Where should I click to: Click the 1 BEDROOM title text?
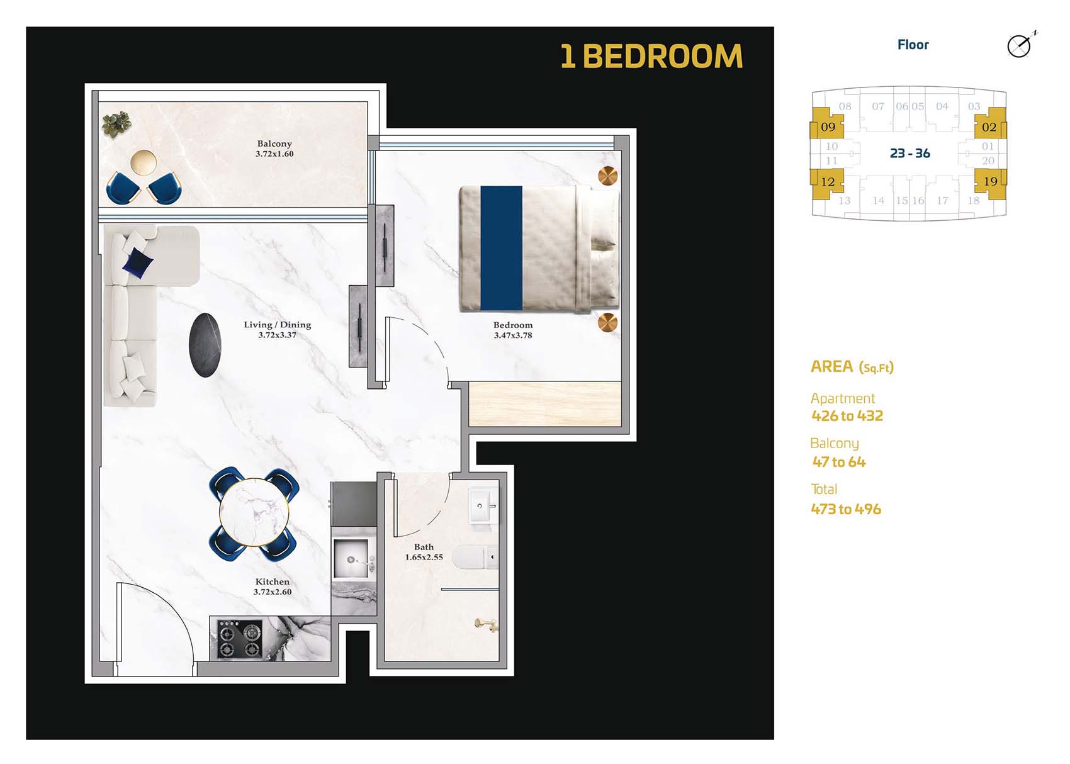tap(651, 57)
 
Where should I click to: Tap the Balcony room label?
tap(274, 143)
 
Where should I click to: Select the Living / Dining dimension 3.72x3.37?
tap(277, 335)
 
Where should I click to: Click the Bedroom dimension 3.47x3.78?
tap(513, 335)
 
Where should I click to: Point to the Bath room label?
tap(424, 547)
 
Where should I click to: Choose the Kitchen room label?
tap(273, 581)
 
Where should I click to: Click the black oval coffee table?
tap(205, 345)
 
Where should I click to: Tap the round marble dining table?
tap(254, 513)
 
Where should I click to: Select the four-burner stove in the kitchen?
tap(239, 639)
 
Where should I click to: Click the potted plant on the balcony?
tap(116, 124)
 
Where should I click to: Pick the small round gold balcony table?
tap(144, 162)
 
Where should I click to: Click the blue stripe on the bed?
tap(501, 248)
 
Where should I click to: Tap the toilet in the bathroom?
tap(472, 557)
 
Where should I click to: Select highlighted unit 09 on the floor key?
tap(827, 126)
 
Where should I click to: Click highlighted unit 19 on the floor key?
tap(990, 182)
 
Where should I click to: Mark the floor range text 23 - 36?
tap(909, 154)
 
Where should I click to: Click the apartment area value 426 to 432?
tap(847, 416)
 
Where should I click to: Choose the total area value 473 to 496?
tap(846, 509)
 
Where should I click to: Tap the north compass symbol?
tap(1020, 45)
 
